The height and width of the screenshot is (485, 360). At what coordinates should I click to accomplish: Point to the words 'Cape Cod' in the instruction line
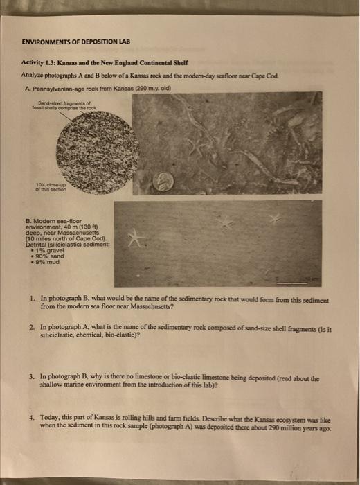[303, 74]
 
